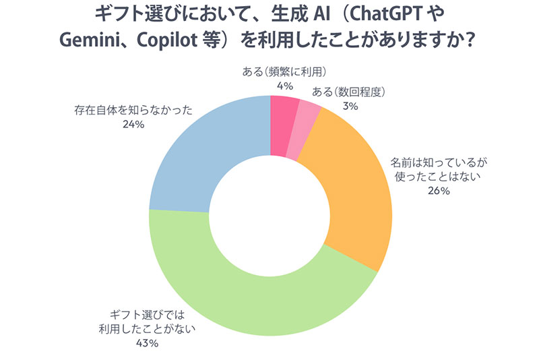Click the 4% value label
266,86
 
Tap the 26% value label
439,191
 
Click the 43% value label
147,344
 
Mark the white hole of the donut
269,216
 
